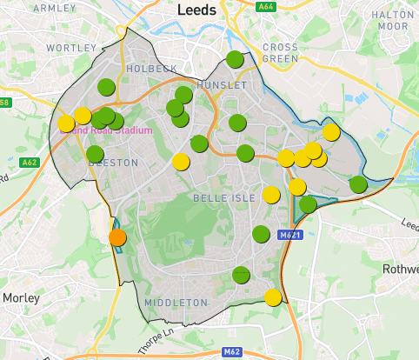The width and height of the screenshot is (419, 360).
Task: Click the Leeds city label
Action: click(202, 10)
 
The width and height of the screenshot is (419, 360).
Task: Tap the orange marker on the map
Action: click(117, 237)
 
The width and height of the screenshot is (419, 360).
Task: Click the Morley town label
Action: click(21, 297)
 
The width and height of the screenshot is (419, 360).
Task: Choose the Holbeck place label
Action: click(151, 68)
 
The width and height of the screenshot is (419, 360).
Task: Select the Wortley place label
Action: click(71, 46)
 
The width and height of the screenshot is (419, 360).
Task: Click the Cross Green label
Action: click(280, 52)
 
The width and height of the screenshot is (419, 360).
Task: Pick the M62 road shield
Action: click(231, 351)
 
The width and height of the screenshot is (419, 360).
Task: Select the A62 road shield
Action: click(30, 162)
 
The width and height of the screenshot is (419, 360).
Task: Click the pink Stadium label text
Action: click(113, 130)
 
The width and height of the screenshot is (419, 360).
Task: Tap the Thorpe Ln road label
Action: click(157, 336)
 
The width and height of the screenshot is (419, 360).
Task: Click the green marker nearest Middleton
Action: click(241, 275)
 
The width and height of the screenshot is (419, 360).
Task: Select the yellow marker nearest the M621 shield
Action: click(271, 195)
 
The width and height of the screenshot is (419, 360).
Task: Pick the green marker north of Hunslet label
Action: click(235, 59)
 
